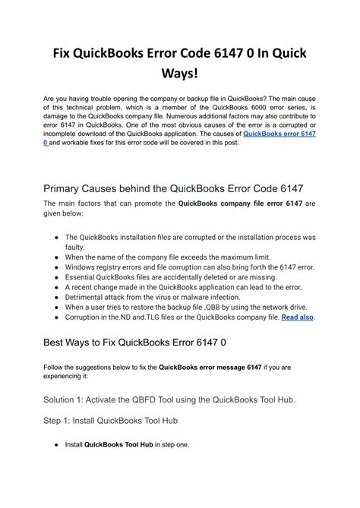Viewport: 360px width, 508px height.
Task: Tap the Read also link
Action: (297, 317)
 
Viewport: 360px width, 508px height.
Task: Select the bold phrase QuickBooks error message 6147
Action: (210, 368)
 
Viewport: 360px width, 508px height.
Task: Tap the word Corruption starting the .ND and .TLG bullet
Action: (87, 317)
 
